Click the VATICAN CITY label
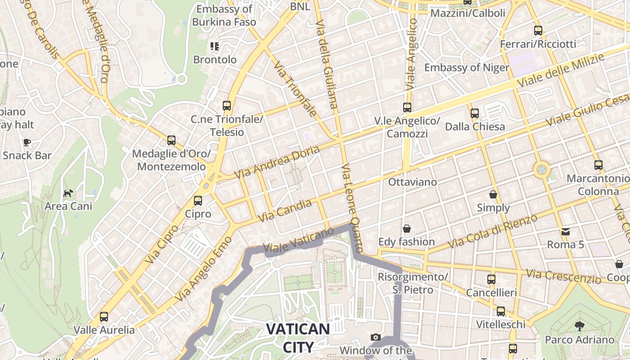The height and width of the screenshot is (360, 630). click(x=298, y=337)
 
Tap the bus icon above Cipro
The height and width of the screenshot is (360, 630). click(x=198, y=201)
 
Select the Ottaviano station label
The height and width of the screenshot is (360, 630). click(x=412, y=182)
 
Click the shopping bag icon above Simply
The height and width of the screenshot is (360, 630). click(x=493, y=195)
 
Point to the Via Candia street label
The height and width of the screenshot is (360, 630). click(x=285, y=211)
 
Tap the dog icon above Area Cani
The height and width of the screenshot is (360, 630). click(x=68, y=193)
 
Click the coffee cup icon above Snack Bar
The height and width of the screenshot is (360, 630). click(x=27, y=143)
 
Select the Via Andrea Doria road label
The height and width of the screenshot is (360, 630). click(x=277, y=161)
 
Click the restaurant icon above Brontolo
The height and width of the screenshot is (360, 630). click(x=215, y=46)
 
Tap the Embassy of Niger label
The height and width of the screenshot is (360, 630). click(x=467, y=68)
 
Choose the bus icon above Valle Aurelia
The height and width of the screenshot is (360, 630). click(x=104, y=317)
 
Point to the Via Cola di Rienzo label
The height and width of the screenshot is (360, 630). click(x=493, y=231)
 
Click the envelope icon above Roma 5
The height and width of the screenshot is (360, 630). click(x=565, y=232)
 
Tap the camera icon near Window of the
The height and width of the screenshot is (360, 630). click(x=376, y=337)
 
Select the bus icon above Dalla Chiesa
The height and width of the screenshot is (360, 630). click(x=475, y=113)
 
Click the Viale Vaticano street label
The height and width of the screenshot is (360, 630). click(x=298, y=240)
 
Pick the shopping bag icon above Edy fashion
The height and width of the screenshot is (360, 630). click(x=407, y=229)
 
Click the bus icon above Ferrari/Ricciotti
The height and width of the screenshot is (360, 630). click(x=538, y=31)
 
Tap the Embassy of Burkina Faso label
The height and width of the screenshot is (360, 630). click(x=224, y=15)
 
